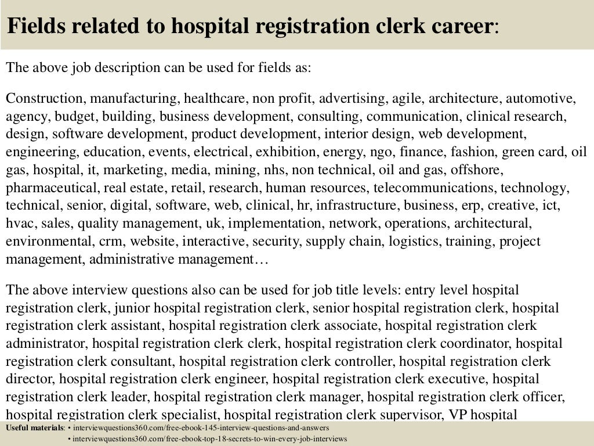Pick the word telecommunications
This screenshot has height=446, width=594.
click(434, 188)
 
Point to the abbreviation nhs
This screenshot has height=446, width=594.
click(277, 171)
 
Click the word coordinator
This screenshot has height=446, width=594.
click(471, 344)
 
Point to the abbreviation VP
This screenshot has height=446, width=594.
click(458, 415)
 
